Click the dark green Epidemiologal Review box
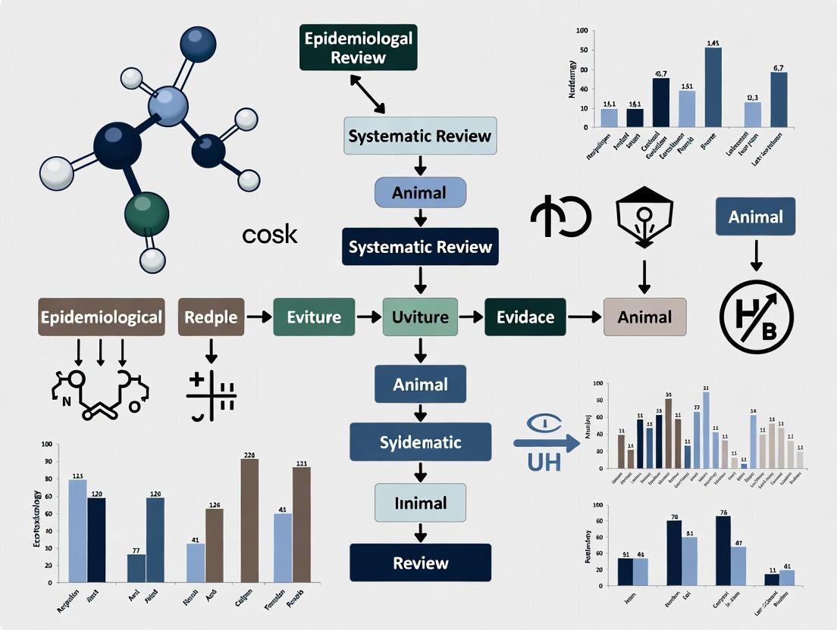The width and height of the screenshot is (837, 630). point(358,48)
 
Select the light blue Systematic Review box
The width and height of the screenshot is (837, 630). point(420,136)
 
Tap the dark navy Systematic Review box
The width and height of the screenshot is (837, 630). point(420,247)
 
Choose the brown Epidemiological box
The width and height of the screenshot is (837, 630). point(102,317)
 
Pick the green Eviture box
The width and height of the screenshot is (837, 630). point(314,317)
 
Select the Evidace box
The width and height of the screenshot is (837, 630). point(525,317)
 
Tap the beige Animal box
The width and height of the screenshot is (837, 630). point(644,317)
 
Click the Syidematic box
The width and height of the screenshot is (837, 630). point(420,442)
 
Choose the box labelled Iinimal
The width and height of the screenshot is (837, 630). point(420,503)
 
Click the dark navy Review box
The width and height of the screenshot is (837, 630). point(420,563)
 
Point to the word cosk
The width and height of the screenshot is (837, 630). point(270,235)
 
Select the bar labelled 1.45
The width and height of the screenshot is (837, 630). point(713,87)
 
